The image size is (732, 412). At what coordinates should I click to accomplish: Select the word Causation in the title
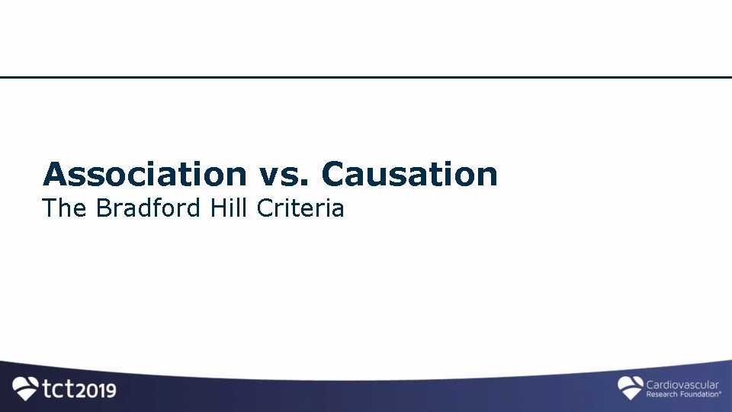tap(409, 174)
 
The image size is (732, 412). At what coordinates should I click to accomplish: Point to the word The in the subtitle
tap(66, 208)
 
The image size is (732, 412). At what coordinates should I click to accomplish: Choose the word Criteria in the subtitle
tap(301, 208)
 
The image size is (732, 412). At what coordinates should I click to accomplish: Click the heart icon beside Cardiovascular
tap(630, 387)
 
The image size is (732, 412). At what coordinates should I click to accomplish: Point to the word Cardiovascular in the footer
tap(682, 385)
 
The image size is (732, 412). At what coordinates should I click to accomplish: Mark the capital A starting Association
tap(53, 174)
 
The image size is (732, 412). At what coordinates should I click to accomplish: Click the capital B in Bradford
tap(104, 208)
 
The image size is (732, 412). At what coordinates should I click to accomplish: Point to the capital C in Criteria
tap(265, 208)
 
